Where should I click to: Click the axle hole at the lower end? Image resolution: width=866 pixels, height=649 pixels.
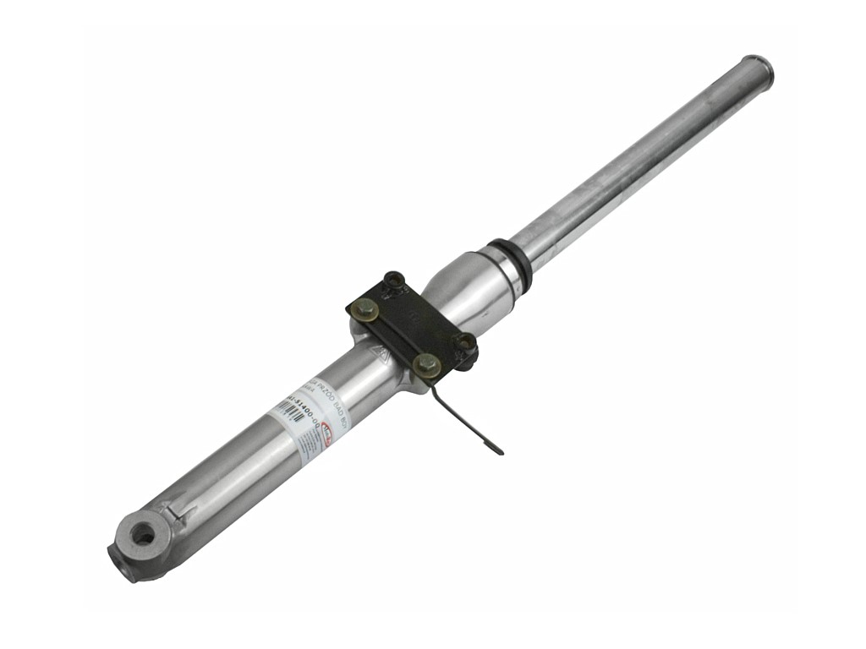tap(143, 535)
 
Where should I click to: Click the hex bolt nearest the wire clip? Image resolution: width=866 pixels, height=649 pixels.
tap(427, 365)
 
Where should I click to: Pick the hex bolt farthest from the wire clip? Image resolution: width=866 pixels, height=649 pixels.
tap(365, 310)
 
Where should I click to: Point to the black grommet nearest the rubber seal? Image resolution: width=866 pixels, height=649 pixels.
tap(394, 281)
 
